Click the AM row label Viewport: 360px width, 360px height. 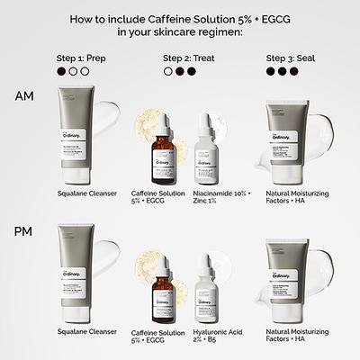coord(27,95)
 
